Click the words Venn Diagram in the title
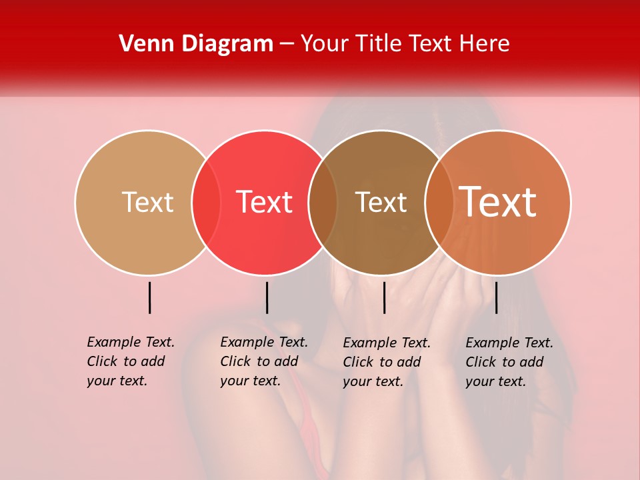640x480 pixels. (196, 44)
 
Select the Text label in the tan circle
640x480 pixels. (147, 203)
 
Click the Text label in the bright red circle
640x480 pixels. (264, 203)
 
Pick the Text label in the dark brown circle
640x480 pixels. (381, 203)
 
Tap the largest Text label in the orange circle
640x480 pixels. (498, 202)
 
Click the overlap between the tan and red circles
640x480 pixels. (206, 203)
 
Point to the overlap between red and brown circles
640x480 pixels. (323, 203)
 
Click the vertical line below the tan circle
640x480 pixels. (150, 297)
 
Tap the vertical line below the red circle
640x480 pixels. (267, 297)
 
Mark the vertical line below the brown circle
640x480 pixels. (384, 297)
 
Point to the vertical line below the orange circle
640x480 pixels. (496, 297)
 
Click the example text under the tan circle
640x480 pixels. (131, 361)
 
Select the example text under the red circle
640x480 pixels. (264, 361)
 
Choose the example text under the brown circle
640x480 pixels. (387, 362)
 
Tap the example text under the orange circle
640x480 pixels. (509, 362)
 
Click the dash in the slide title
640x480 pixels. (287, 44)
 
